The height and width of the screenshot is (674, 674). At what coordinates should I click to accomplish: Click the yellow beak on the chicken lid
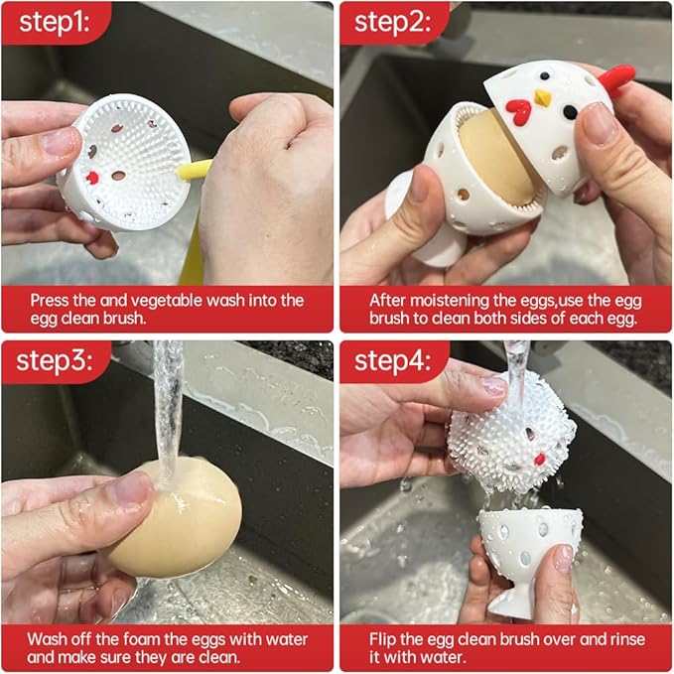pos(543,97)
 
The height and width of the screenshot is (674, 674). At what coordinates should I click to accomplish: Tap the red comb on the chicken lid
pos(616,78)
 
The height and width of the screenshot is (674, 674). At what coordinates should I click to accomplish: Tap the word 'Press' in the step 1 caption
pos(50,299)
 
